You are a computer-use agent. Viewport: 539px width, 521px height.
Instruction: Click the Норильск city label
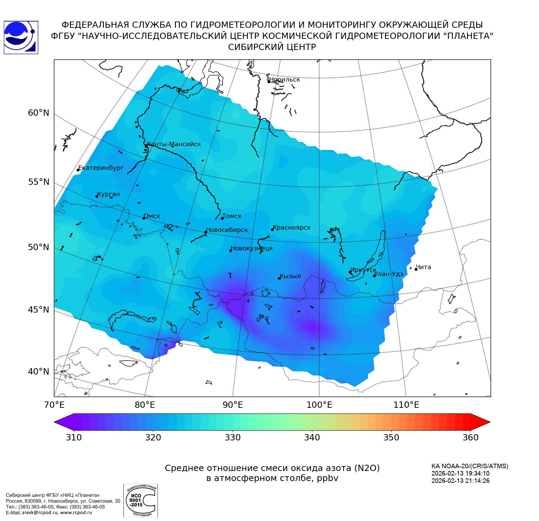[x=284, y=80]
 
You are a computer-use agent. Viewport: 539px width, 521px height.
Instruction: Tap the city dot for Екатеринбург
[x=78, y=169]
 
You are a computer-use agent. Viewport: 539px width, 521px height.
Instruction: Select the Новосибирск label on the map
[x=227, y=230]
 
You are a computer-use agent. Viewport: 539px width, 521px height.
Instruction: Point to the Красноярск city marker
[x=273, y=230]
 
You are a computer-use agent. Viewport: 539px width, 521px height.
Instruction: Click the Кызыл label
[x=290, y=276]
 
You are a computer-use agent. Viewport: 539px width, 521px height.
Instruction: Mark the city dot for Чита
[x=416, y=269]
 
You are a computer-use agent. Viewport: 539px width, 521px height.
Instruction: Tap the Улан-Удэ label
[x=389, y=274]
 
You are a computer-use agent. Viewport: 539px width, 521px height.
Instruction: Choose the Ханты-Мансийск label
[x=174, y=144]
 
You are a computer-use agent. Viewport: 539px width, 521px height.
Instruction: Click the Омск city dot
[x=144, y=218]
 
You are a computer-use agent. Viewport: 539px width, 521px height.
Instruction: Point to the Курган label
[x=108, y=194]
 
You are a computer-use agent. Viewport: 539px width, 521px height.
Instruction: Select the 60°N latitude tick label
[x=39, y=113]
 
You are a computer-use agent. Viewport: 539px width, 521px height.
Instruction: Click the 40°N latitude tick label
[x=39, y=372]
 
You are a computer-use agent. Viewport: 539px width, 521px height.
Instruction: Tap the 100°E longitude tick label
[x=319, y=405]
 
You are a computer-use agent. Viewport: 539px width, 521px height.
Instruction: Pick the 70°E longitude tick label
[x=54, y=405]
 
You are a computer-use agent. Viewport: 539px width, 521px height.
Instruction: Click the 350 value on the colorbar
[x=391, y=437]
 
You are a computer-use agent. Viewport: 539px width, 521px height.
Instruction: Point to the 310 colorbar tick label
[x=74, y=437]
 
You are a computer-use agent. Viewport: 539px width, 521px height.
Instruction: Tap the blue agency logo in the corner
[x=21, y=38]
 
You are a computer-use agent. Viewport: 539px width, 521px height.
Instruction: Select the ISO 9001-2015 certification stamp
[x=140, y=500]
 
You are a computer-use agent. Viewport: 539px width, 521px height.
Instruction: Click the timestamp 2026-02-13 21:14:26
[x=460, y=481]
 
